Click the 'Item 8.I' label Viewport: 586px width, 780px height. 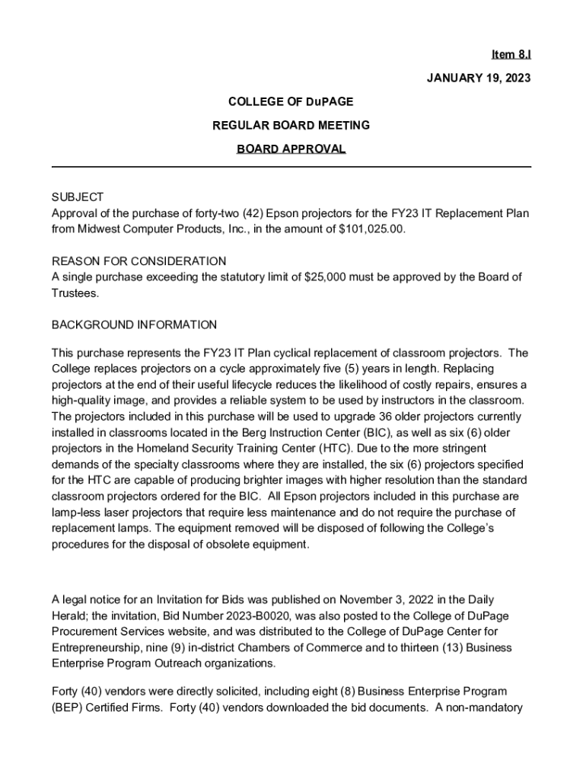click(x=511, y=54)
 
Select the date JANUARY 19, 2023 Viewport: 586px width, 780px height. click(x=478, y=78)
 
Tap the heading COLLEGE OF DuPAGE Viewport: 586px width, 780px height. click(x=291, y=101)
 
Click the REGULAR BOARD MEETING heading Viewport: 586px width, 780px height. click(x=291, y=125)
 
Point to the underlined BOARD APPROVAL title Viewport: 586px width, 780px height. click(x=291, y=149)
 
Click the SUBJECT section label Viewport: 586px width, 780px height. click(x=78, y=197)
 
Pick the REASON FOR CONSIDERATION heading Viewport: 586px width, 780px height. click(x=139, y=261)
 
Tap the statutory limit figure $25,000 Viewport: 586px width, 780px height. click(x=330, y=277)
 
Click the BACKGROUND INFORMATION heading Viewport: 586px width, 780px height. click(x=134, y=325)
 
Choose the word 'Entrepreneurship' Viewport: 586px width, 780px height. click(x=97, y=647)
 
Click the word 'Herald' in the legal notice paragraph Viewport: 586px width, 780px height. click(x=69, y=616)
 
